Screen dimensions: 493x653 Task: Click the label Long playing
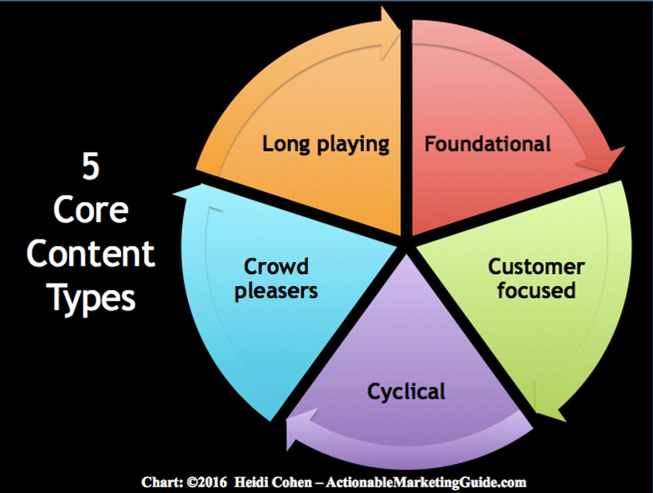click(x=325, y=145)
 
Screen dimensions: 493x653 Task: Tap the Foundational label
click(x=488, y=144)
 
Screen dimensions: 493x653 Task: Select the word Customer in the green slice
click(x=536, y=267)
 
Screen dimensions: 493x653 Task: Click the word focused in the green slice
click(x=536, y=290)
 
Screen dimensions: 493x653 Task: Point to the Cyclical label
click(x=406, y=392)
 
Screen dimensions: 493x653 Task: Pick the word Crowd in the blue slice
click(x=276, y=267)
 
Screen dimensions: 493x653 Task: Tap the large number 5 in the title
click(x=90, y=167)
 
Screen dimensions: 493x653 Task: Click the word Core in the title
click(x=90, y=210)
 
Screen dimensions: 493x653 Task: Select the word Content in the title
click(x=90, y=254)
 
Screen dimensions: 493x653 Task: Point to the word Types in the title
click(x=90, y=298)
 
